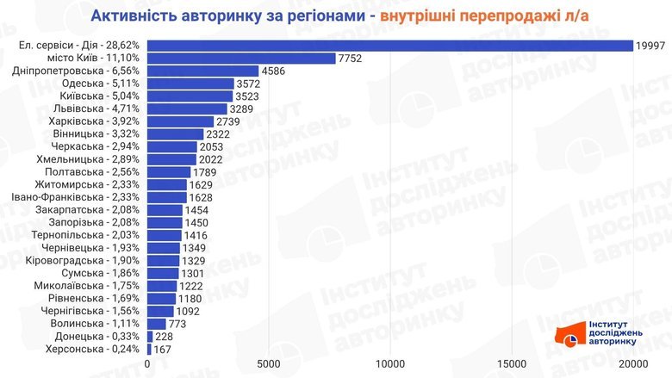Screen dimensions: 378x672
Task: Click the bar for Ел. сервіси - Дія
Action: point(389,46)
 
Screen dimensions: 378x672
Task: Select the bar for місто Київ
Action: point(241,59)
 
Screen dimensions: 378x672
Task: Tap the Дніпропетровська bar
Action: point(202,71)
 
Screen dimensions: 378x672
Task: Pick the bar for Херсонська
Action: point(149,350)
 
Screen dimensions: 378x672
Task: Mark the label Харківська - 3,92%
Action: point(96,121)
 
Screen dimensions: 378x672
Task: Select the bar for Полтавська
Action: point(169,172)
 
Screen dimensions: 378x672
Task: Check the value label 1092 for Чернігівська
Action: point(189,312)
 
